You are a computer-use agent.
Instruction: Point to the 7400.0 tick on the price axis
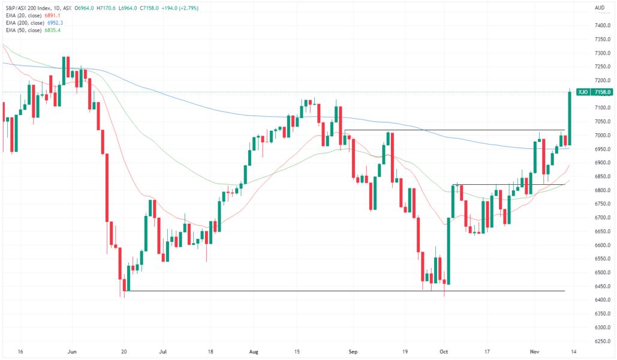click(601, 25)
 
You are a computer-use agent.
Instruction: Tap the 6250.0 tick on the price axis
click(601, 341)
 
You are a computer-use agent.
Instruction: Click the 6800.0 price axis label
click(601, 190)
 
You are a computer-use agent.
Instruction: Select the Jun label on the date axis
click(72, 352)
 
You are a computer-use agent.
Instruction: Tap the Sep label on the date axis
click(353, 352)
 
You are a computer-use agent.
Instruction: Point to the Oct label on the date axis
click(444, 352)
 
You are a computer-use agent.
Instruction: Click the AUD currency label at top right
click(599, 8)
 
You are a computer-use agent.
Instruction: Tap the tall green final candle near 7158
click(569, 118)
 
